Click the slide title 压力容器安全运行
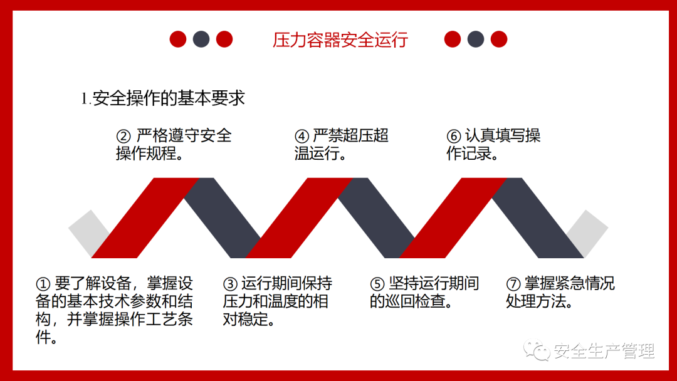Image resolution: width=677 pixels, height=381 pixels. pos(340,39)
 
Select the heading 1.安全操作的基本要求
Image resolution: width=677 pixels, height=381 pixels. pos(163,98)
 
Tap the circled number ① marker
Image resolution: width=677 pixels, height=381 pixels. pos(43,284)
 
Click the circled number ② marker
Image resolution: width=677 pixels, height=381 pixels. pos(123,137)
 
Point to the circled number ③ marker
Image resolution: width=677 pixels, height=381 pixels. pos(230,284)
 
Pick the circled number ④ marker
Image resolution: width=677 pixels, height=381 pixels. pos(302,137)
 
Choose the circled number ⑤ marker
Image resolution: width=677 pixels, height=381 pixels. pos(377,284)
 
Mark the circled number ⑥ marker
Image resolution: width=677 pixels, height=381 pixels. pos(454,137)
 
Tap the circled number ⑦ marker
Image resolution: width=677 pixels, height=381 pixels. pos(513,284)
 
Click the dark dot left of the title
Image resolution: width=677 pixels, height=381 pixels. pos(201,39)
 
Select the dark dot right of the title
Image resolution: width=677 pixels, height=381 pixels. pos(476,39)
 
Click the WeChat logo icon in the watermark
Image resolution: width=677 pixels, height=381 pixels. pos(536,350)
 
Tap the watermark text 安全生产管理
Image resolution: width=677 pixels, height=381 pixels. pos(604,351)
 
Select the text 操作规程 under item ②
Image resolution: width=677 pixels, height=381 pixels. pos(146,154)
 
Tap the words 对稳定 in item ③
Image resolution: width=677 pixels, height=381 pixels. pos(245,320)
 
